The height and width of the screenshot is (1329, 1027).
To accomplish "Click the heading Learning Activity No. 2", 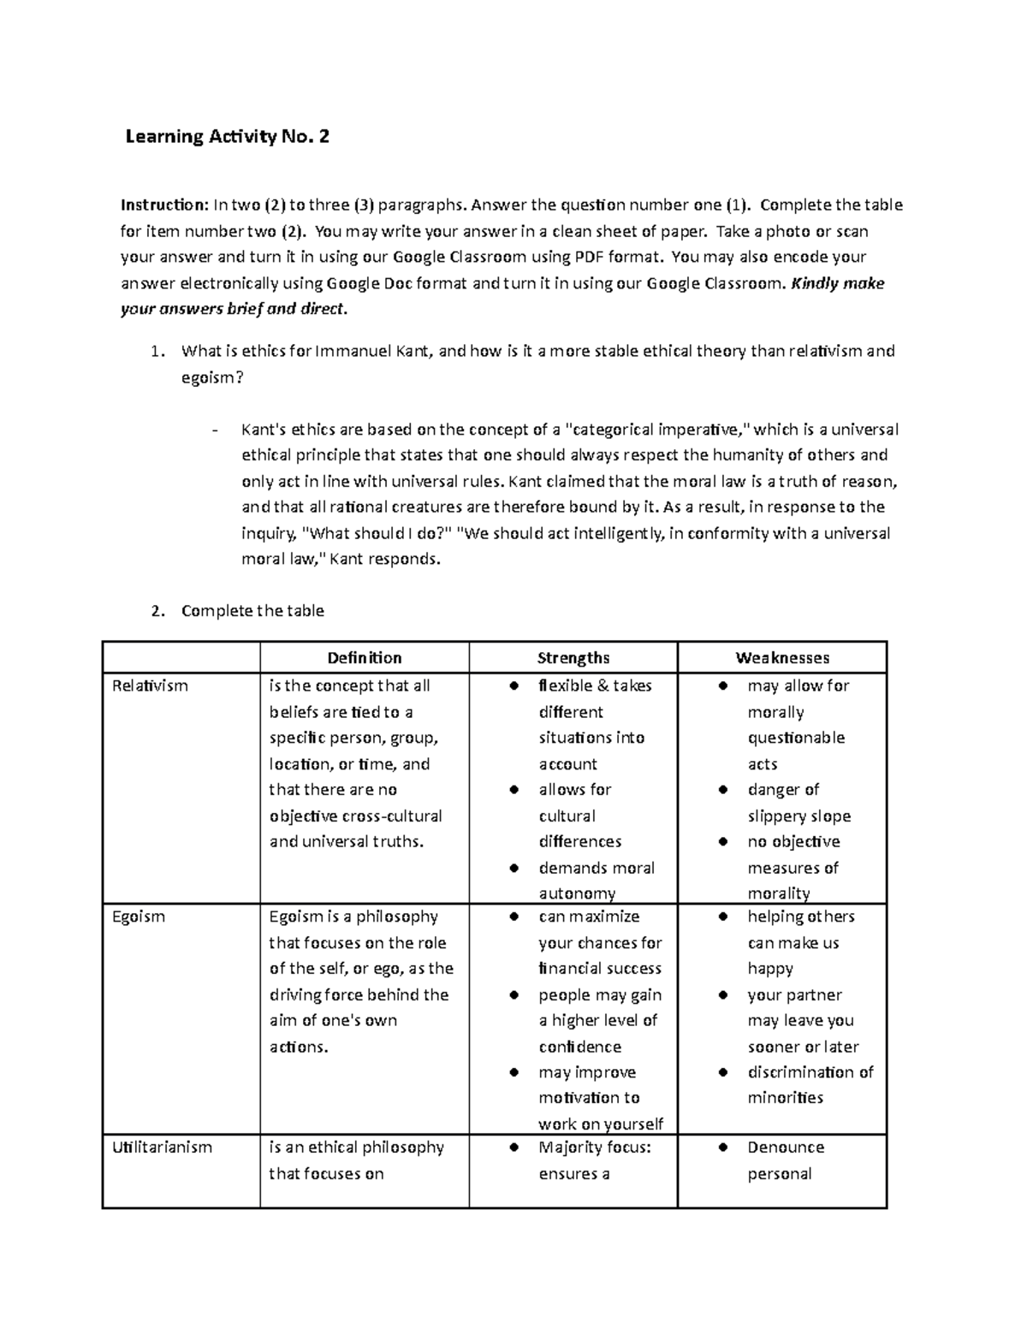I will (x=227, y=136).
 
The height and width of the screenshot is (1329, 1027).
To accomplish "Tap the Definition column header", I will (x=365, y=657).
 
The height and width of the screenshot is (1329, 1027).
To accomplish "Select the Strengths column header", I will (x=573, y=657).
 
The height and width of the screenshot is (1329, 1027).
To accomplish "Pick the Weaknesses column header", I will (x=782, y=657).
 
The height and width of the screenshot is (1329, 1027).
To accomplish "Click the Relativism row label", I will (x=150, y=685).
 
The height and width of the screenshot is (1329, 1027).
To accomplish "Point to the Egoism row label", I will (x=138, y=917).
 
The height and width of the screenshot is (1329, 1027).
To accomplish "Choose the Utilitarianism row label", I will (x=162, y=1147).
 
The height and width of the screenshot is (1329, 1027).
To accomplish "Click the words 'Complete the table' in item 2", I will (x=252, y=610).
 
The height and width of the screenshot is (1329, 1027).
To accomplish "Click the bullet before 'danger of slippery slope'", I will (x=723, y=789).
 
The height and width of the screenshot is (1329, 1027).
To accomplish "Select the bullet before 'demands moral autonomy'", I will (x=514, y=868).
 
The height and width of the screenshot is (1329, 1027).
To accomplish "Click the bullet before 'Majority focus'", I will (x=514, y=1147).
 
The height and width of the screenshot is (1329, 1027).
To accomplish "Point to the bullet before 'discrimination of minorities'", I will (x=723, y=1072).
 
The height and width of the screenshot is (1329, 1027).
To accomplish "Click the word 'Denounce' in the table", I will (x=786, y=1147).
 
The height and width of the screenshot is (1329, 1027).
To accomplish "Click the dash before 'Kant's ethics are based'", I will (x=214, y=430).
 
